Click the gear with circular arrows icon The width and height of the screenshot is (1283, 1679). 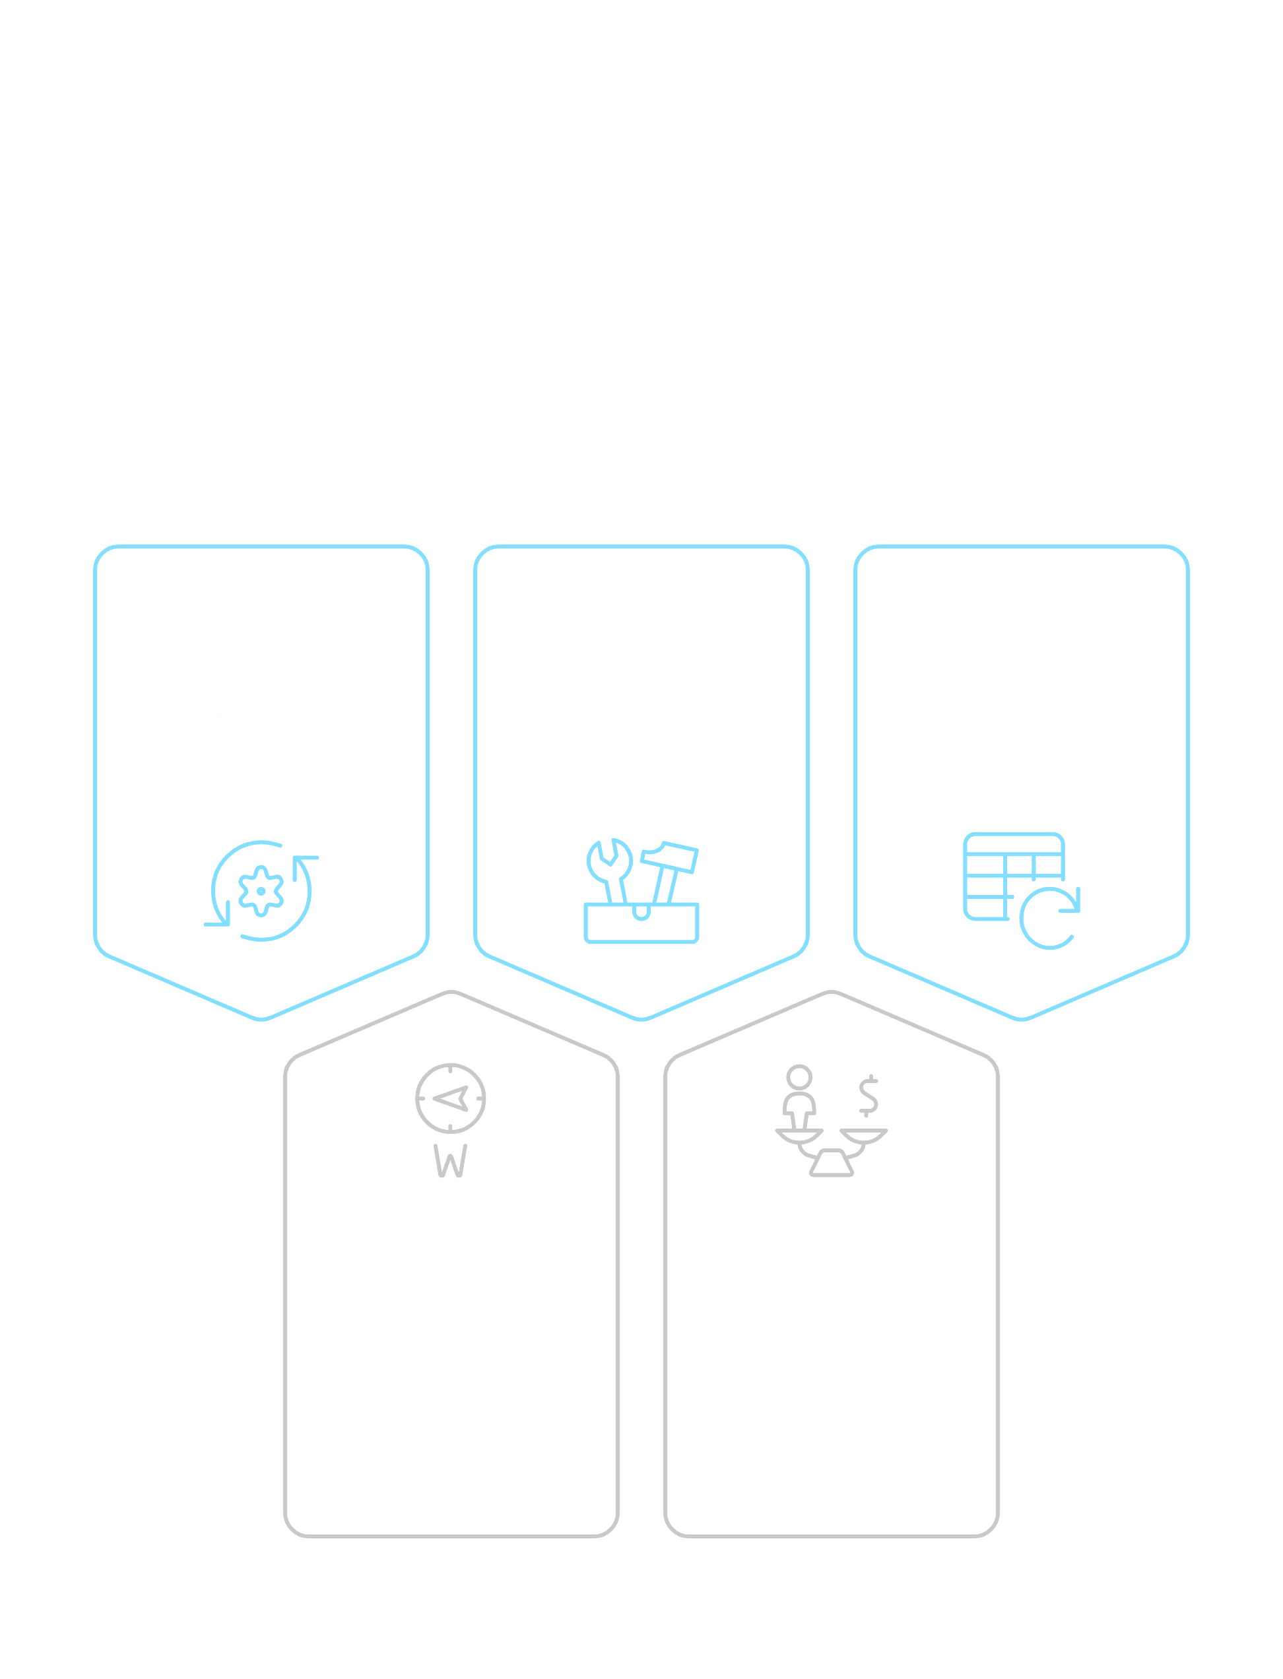point(261,890)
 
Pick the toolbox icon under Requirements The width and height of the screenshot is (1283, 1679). point(641,891)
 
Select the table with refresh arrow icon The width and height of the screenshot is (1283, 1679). point(1021,890)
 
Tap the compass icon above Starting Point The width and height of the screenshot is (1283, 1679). point(451,1098)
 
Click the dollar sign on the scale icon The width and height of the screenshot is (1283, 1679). point(869,1096)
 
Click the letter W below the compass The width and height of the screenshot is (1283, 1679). point(451,1162)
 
